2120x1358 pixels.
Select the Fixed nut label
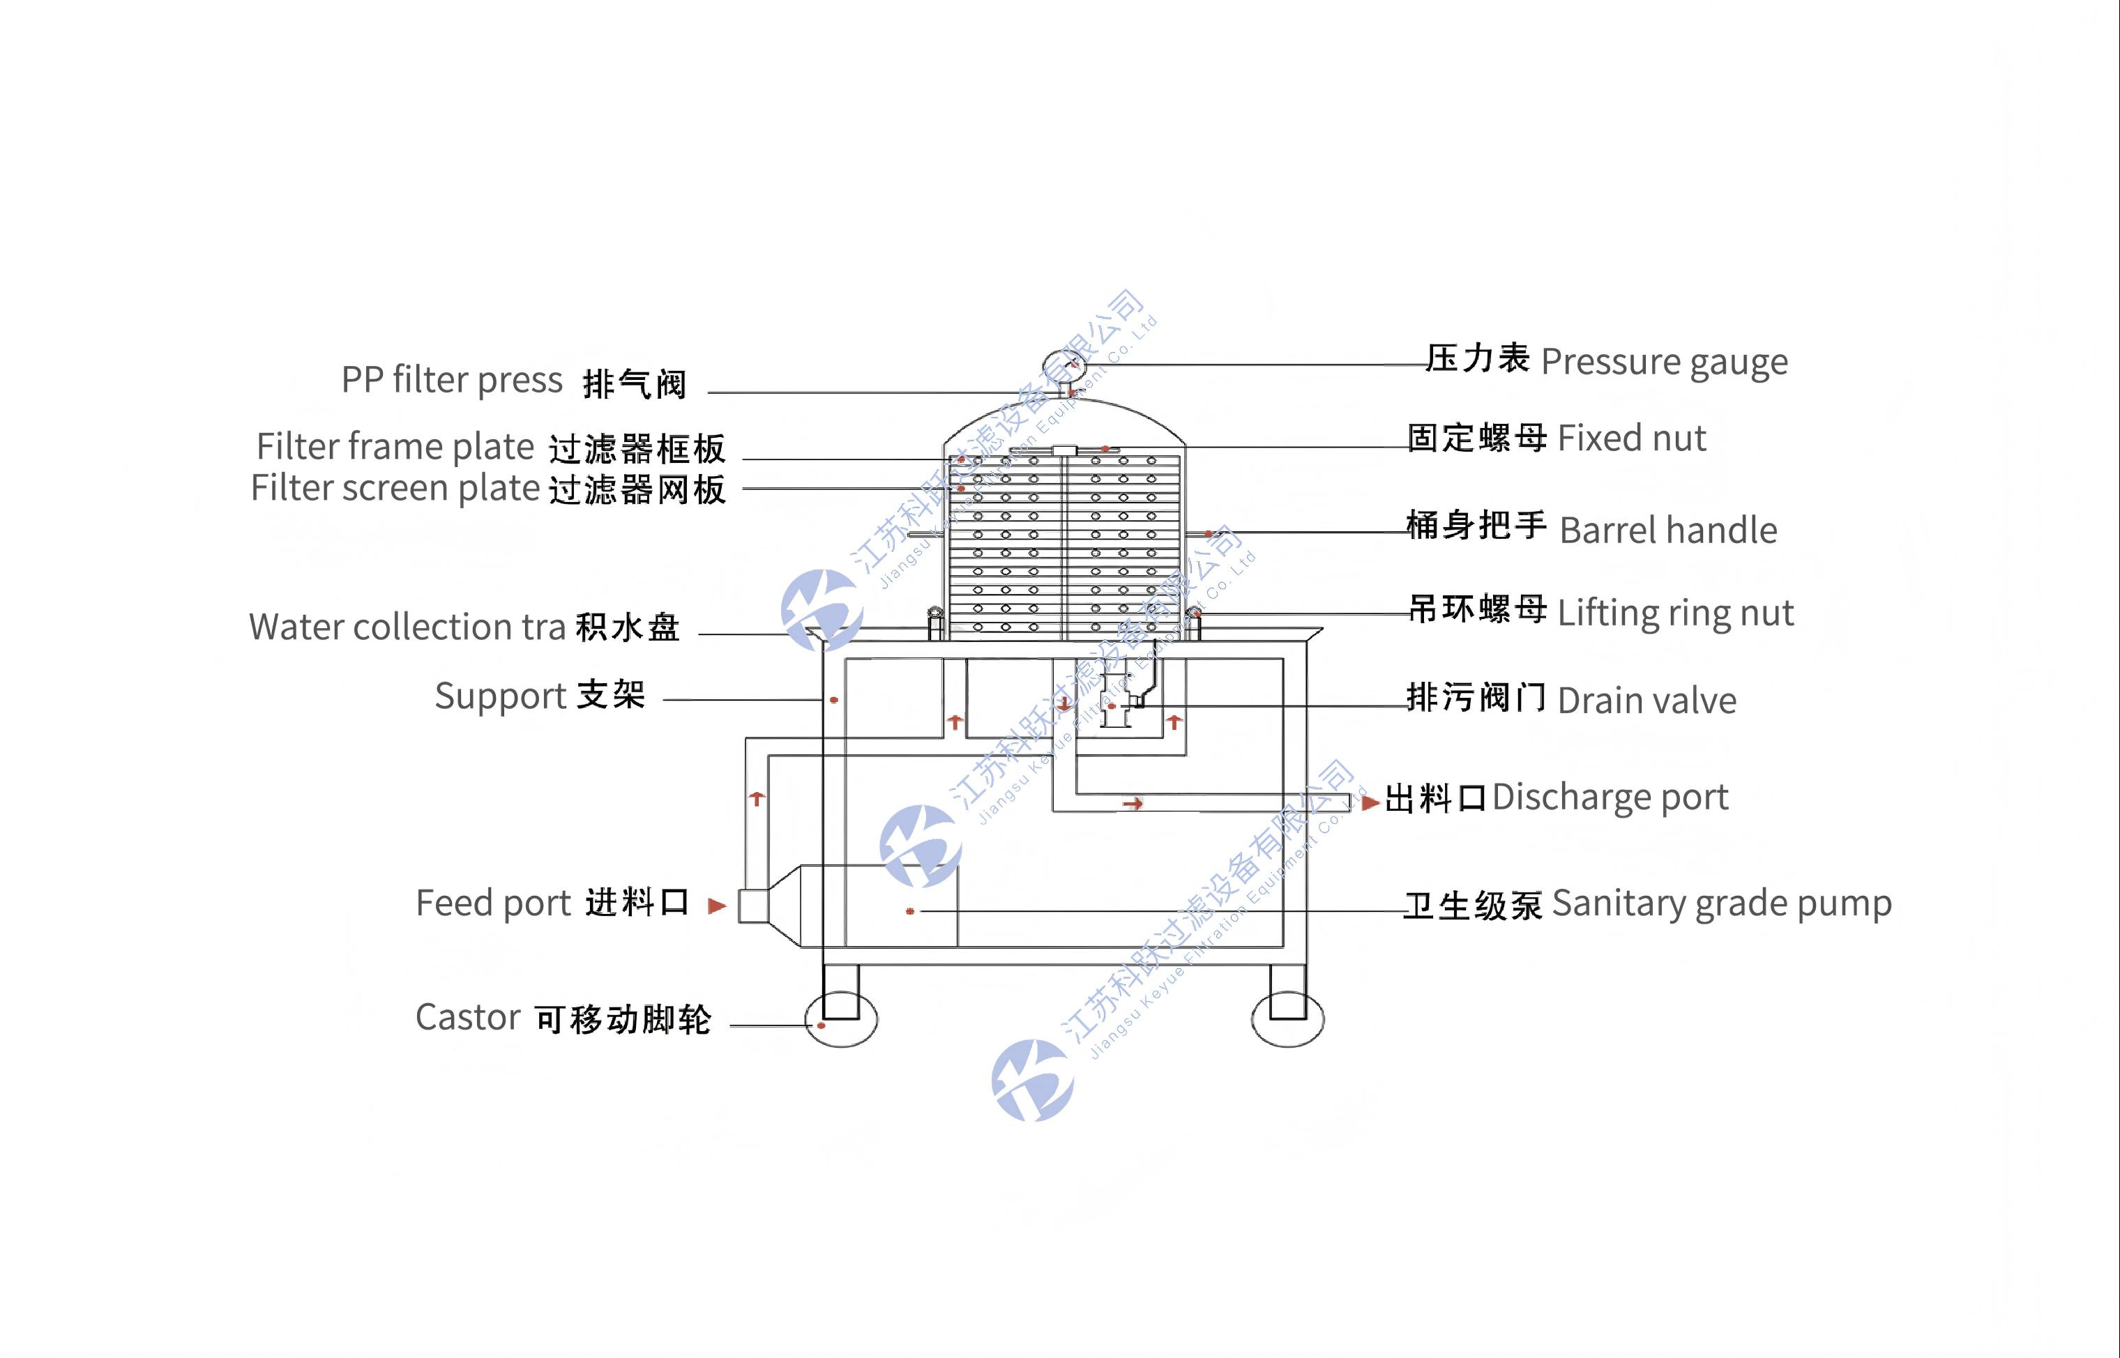[x=1556, y=437]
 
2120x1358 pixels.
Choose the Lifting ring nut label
[x=1600, y=612]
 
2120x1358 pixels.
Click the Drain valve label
[x=1571, y=700]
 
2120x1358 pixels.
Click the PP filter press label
[x=513, y=381]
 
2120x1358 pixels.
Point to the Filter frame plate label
[x=490, y=447]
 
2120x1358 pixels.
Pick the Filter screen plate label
[x=487, y=489]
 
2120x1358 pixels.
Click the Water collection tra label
[x=464, y=627]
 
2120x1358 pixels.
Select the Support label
[x=540, y=696]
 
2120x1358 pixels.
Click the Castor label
[x=563, y=1018]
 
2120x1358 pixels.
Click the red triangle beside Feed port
[x=717, y=906]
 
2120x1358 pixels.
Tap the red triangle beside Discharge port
[x=1370, y=802]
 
